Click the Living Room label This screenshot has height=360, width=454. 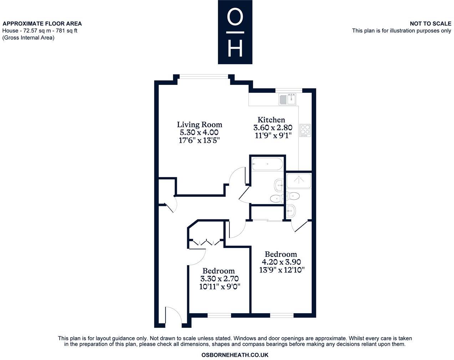click(199, 125)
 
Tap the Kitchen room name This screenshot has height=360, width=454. click(271, 120)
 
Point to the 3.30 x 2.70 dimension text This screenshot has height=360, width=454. click(219, 278)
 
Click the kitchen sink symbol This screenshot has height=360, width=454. click(288, 99)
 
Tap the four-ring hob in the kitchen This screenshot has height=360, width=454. click(305, 130)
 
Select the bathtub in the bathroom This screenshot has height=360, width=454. click(267, 165)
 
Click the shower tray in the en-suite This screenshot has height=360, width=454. click(299, 181)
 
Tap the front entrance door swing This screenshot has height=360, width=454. click(174, 316)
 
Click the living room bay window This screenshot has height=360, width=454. click(203, 76)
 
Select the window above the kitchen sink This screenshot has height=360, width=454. click(289, 90)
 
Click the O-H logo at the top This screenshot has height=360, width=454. click(235, 32)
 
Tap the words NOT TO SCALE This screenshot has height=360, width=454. click(430, 24)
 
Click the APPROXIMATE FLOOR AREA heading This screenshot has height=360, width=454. click(42, 24)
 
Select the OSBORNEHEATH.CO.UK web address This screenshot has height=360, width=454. click(235, 355)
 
